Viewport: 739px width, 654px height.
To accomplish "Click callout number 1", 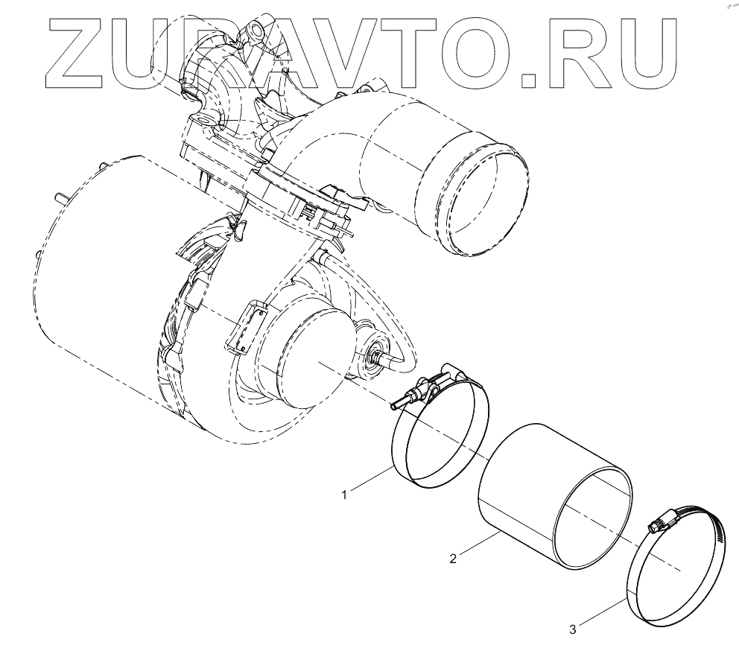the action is point(345,493).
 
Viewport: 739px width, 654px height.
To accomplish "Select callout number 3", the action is point(573,630).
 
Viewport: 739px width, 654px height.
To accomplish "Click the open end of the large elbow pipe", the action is point(483,200).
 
